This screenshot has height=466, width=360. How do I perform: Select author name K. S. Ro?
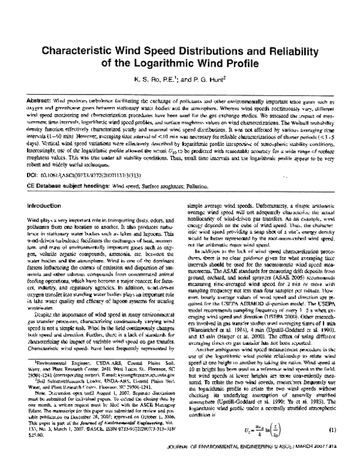147,80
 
